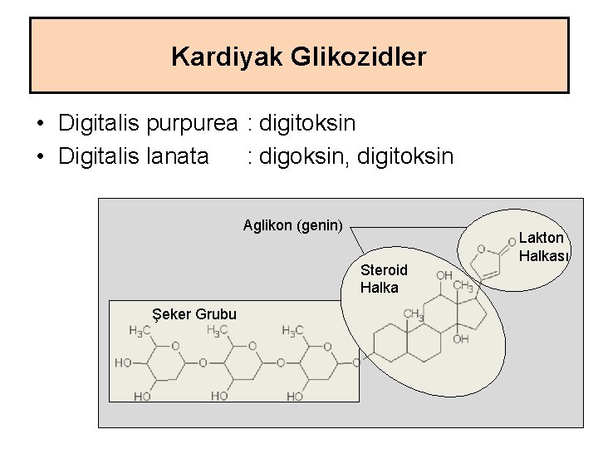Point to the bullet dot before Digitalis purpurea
click(41, 125)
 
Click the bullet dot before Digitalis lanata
click(41, 156)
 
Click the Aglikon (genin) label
click(292, 224)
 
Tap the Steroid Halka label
click(384, 279)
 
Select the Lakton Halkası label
click(542, 247)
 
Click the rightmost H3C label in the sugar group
click(292, 331)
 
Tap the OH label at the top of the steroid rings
click(444, 275)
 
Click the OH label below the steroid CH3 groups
click(461, 339)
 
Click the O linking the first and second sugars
click(203, 363)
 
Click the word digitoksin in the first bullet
click(307, 124)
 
